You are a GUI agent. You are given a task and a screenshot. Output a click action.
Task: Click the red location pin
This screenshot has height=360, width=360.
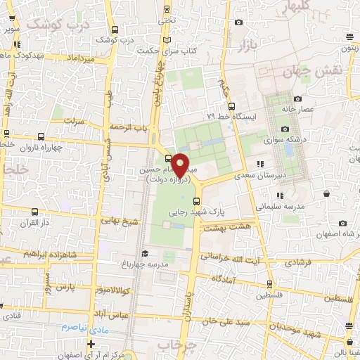(180, 165)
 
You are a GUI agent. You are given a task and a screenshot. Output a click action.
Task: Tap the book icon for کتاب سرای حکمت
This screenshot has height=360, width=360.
(167, 39)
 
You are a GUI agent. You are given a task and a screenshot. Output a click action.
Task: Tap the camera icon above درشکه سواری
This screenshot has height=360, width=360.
(285, 129)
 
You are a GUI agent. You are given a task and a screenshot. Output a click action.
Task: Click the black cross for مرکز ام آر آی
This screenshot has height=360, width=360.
(91, 343)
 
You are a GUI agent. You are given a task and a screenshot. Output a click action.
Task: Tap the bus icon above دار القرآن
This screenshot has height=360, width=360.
(34, 210)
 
